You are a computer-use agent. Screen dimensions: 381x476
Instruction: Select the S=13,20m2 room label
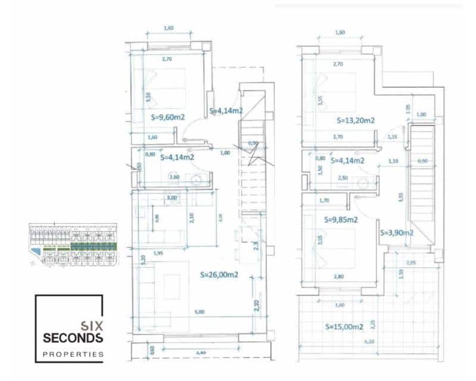(x=355, y=120)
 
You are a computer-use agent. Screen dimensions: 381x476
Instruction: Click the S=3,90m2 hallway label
(x=396, y=233)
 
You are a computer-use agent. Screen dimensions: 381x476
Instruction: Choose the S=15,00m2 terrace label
(x=345, y=326)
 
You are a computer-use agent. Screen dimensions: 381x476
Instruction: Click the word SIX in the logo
(x=91, y=326)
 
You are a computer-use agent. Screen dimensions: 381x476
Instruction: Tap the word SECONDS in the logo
(x=73, y=338)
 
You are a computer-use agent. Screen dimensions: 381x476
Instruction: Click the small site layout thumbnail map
(x=73, y=244)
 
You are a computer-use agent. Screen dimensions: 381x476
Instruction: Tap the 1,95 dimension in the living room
(x=158, y=254)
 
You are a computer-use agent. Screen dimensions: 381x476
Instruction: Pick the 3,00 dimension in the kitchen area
(x=172, y=197)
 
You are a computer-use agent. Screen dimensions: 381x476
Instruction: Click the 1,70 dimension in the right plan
(x=324, y=201)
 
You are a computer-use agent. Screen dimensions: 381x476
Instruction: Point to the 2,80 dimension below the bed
(x=339, y=276)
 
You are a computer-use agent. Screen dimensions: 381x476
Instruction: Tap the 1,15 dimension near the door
(x=392, y=138)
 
